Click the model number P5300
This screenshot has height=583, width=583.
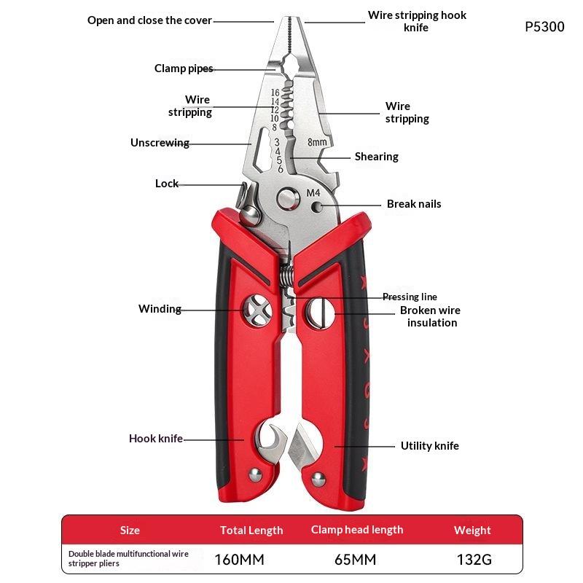(544, 27)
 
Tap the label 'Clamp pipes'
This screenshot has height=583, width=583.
(184, 69)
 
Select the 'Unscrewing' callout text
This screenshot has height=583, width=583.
(160, 143)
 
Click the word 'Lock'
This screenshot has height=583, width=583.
(167, 184)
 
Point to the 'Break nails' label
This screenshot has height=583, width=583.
(414, 204)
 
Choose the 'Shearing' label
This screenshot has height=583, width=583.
(376, 157)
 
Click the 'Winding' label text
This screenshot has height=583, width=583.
(160, 309)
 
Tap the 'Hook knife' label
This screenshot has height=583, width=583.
(156, 439)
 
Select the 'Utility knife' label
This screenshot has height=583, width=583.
(430, 445)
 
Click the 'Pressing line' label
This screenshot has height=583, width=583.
(410, 297)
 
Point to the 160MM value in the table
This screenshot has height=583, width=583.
(240, 559)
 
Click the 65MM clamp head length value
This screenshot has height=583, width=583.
(356, 559)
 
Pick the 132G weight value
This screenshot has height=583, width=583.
(474, 559)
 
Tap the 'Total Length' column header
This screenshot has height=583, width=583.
(251, 531)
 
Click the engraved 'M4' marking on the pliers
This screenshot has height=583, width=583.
(313, 192)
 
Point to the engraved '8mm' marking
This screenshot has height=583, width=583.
(317, 142)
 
